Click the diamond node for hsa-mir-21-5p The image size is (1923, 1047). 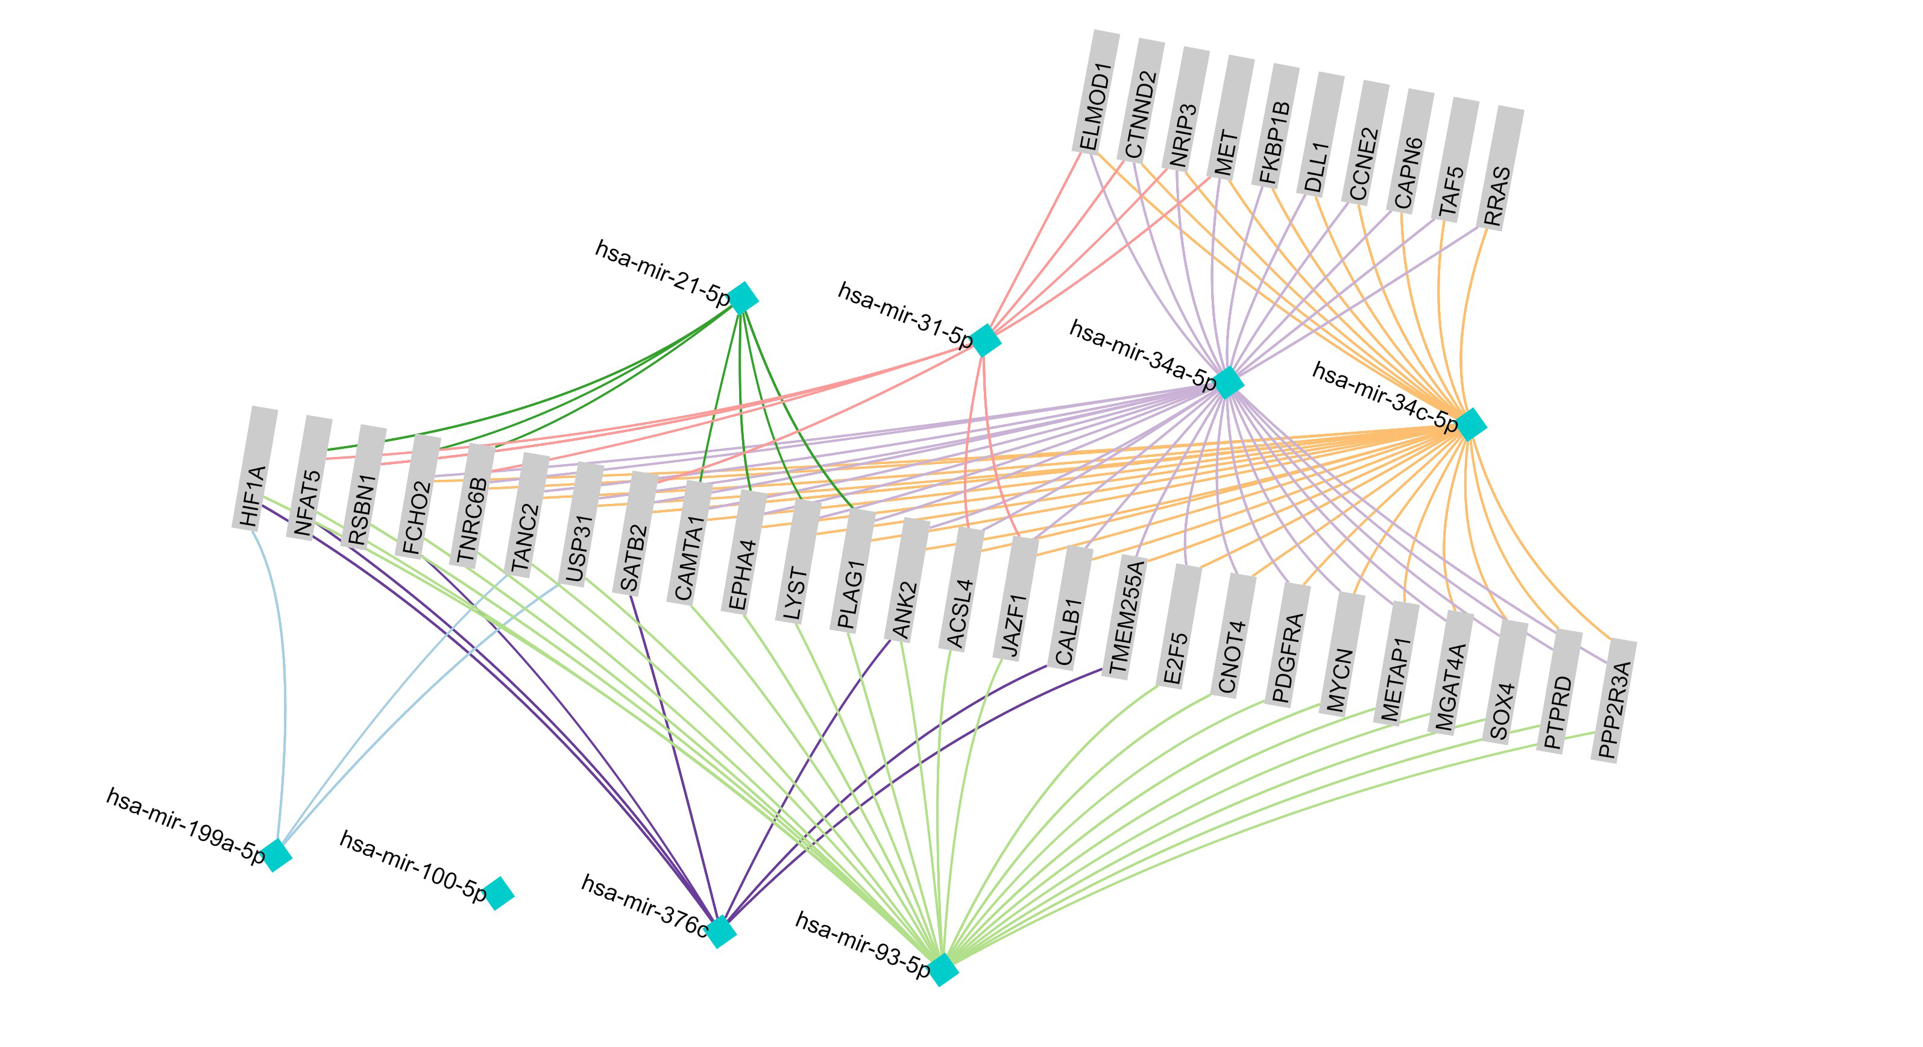tap(743, 298)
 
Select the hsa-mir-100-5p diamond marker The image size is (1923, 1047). tap(498, 893)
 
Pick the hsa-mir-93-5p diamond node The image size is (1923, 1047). tap(943, 969)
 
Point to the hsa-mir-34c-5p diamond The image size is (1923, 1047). tap(1471, 424)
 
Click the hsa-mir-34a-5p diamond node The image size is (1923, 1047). tap(1228, 383)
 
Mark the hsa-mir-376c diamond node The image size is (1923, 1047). tap(720, 931)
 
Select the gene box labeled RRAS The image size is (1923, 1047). tap(1500, 169)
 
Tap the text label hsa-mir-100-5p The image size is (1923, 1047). tap(414, 866)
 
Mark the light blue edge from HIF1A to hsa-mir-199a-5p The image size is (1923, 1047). tap(284, 687)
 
